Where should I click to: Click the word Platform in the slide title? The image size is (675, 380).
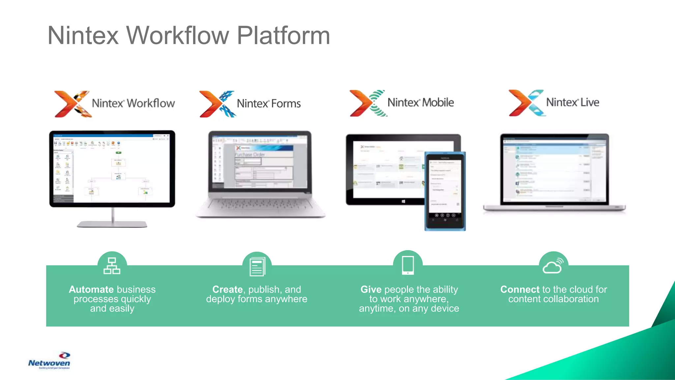point(283,36)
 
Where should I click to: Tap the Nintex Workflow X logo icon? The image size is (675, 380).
point(72,104)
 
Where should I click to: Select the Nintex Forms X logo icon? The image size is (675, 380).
point(217,104)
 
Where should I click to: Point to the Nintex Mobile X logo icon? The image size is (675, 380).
point(368,103)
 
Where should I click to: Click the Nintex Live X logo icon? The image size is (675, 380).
point(526,103)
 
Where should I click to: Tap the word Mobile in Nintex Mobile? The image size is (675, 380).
point(438,103)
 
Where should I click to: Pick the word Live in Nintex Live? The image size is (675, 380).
point(590,103)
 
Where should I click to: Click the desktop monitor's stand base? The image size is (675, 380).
point(112,224)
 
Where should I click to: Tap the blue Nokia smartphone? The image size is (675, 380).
point(445,191)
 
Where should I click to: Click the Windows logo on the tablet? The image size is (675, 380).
point(403,201)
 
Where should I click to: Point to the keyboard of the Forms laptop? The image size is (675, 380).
point(260,205)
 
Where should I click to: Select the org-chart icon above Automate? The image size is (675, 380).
point(112,266)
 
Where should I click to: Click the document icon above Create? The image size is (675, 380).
point(257,267)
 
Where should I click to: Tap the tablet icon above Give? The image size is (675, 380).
point(408,265)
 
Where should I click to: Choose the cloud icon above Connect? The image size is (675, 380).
point(553,266)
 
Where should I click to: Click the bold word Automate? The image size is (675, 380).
point(91,290)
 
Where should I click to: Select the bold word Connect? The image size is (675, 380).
point(520,290)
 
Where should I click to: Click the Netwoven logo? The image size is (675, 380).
point(49,361)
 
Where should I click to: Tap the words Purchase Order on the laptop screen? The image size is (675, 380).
point(250,154)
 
